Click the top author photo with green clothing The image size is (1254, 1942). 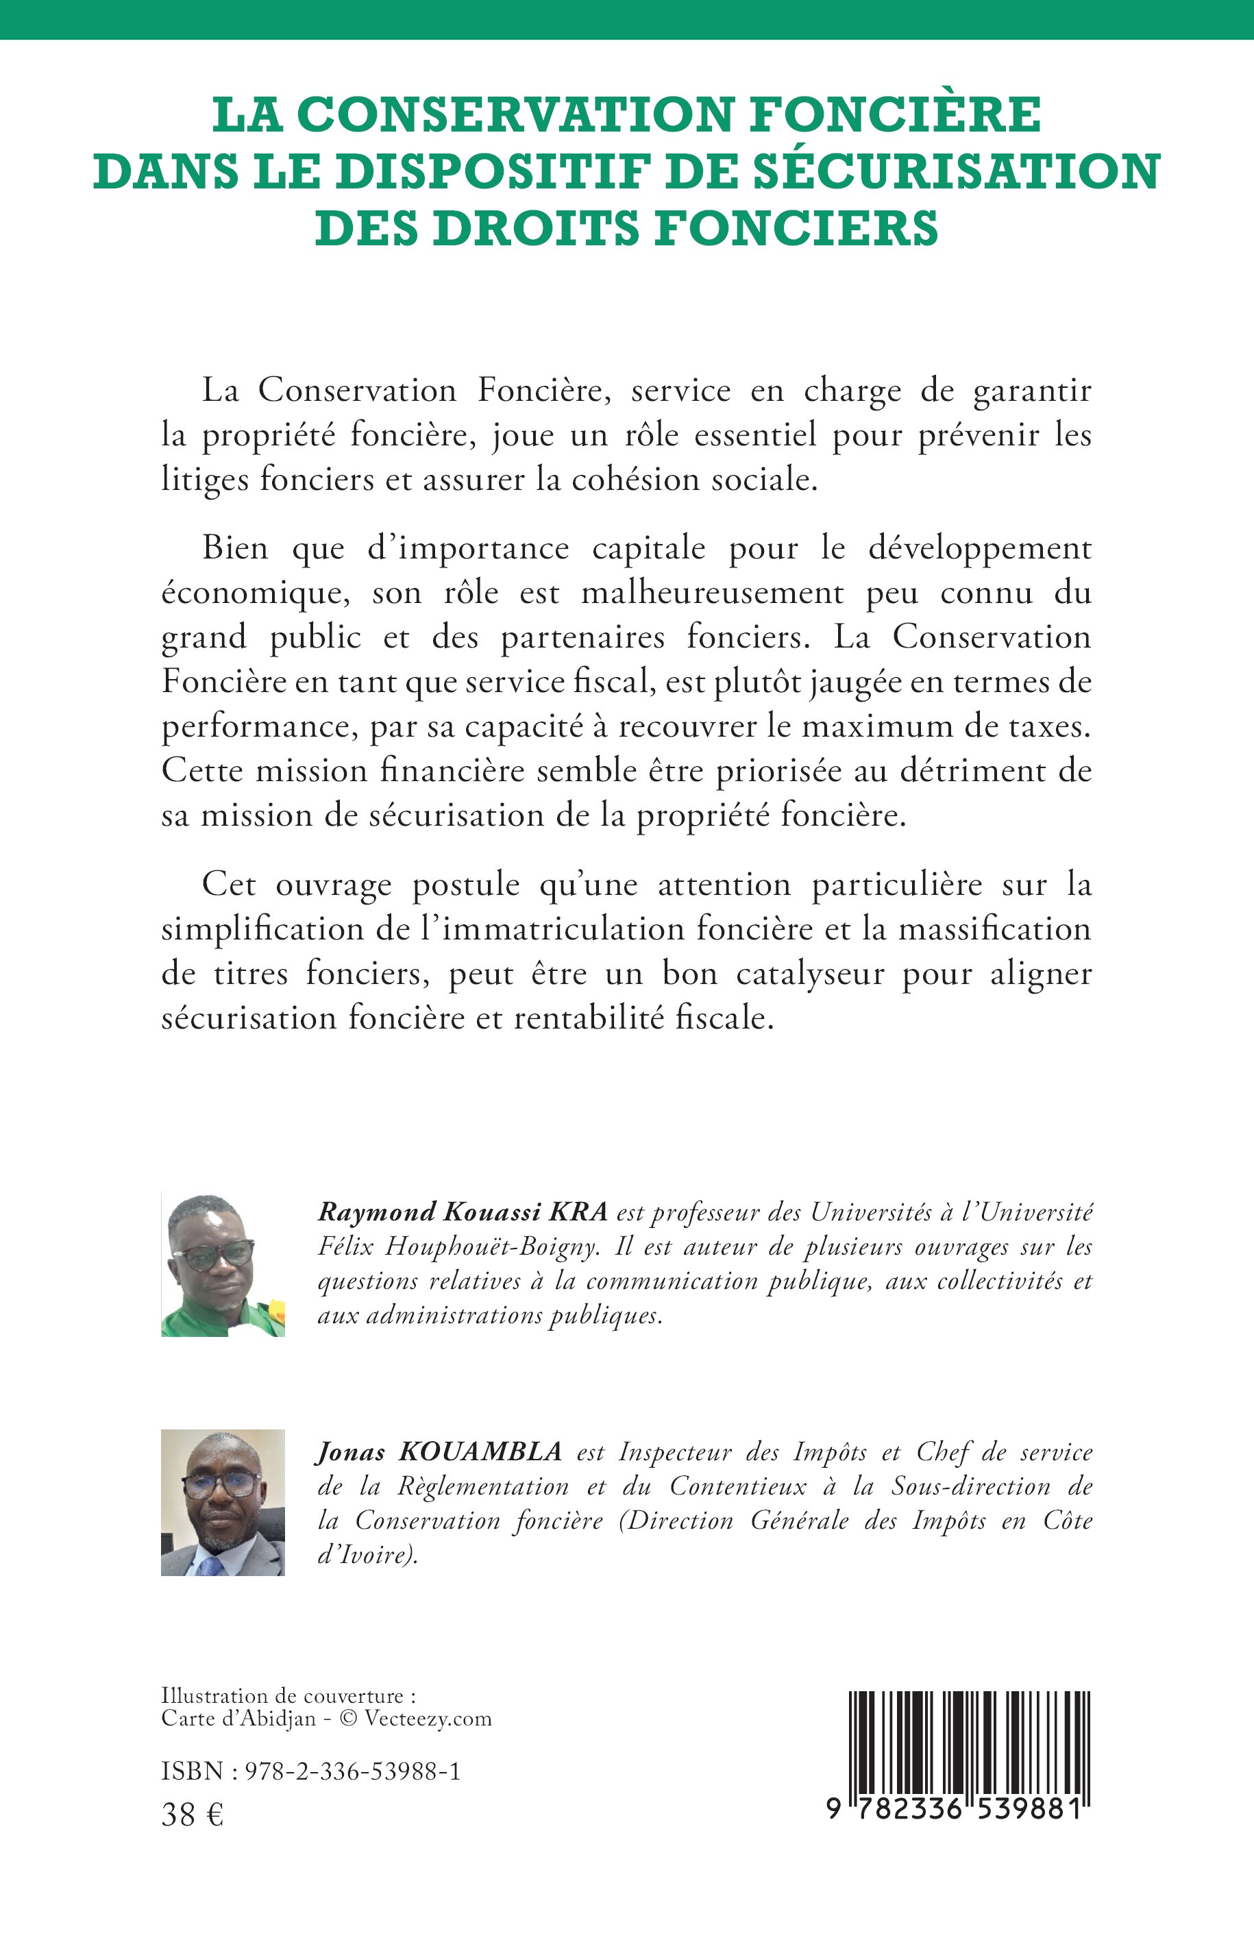(223, 1264)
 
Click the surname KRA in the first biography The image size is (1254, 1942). (579, 1212)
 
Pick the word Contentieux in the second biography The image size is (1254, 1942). (738, 1487)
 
